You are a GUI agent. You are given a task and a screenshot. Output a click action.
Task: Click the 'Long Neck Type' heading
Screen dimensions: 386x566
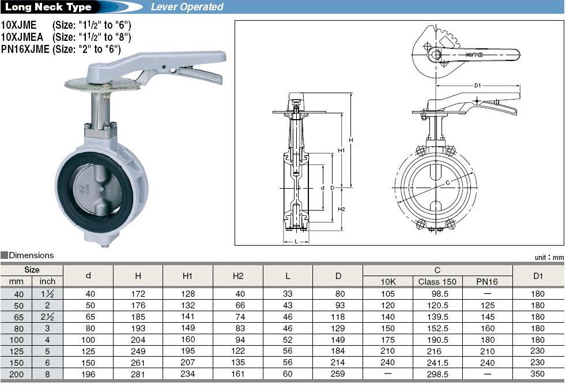coord(48,7)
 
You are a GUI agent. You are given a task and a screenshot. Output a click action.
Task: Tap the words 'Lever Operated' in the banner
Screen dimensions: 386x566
coord(187,7)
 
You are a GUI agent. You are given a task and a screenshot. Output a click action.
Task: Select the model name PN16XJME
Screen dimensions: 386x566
coord(25,49)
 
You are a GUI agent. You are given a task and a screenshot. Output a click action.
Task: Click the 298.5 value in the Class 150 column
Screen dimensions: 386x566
coord(437,374)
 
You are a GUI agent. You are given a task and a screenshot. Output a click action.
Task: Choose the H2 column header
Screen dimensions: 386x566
coord(238,276)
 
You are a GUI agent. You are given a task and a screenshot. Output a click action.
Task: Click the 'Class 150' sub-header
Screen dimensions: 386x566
coord(437,281)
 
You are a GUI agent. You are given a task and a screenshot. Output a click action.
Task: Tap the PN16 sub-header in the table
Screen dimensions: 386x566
coord(487,281)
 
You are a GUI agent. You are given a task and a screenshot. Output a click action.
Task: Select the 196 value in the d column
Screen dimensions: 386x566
coord(88,374)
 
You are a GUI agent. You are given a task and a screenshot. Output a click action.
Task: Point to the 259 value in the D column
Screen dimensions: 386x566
coord(338,374)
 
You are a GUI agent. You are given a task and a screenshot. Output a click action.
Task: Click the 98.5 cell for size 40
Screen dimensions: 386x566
coord(437,293)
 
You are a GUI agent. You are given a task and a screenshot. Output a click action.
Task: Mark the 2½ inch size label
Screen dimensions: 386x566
coord(47,316)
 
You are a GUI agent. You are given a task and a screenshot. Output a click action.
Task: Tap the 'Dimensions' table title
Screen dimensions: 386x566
coord(31,255)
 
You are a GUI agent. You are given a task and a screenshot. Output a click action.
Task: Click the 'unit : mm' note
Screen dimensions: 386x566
coord(549,257)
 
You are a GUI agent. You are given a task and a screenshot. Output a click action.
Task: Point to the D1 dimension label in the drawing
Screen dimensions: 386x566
coord(477,86)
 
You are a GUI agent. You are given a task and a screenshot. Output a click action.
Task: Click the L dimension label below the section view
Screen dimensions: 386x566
coord(296,242)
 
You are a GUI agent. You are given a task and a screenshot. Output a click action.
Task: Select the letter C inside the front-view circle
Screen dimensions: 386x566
coord(448,182)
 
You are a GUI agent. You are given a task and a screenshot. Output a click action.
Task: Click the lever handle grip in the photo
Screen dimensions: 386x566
coord(202,75)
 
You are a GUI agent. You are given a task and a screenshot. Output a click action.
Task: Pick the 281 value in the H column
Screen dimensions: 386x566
coord(138,374)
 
